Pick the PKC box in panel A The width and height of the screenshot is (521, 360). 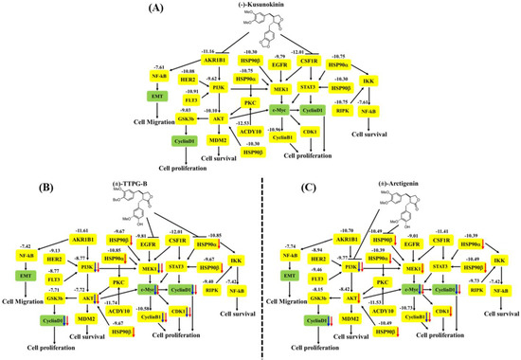click(x=249, y=102)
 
